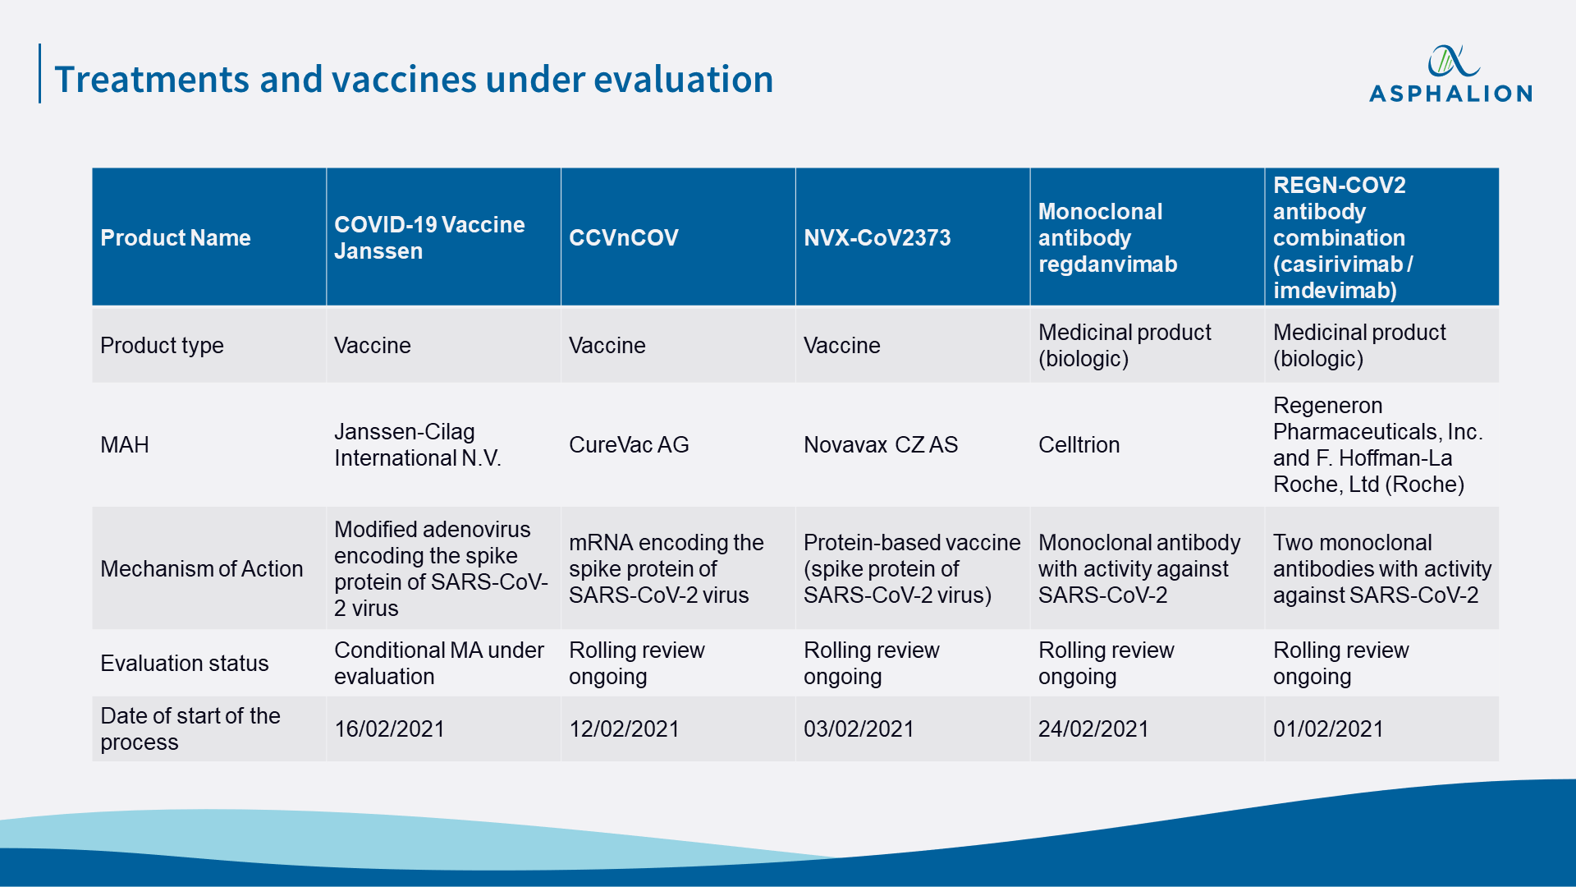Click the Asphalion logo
point(1450,74)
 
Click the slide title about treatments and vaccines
point(414,79)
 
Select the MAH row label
point(125,444)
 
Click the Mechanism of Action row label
point(202,568)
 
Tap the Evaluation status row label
point(185,663)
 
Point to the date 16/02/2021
point(389,728)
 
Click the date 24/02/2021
point(1093,728)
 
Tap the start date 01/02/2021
point(1328,728)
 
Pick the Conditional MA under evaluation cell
point(439,663)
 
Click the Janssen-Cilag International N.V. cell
point(418,444)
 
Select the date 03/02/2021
point(859,728)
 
